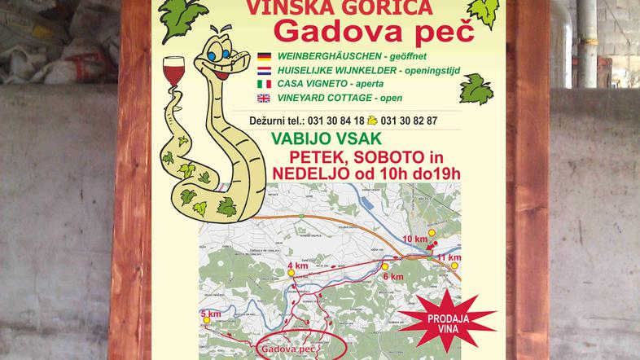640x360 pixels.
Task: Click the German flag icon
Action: (x=265, y=57)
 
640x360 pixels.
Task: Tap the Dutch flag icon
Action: (x=265, y=71)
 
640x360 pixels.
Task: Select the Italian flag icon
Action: (x=265, y=84)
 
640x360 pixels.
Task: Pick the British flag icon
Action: (x=265, y=98)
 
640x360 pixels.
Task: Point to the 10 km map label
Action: (x=414, y=239)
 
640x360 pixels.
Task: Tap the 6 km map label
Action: (x=392, y=277)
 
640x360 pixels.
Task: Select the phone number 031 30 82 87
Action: (x=410, y=121)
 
